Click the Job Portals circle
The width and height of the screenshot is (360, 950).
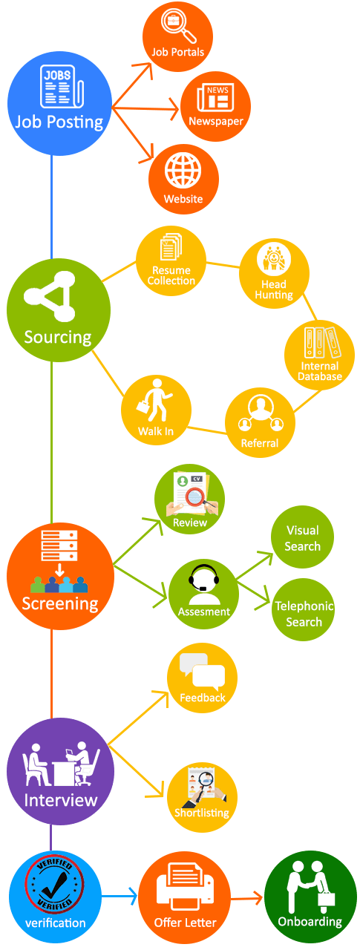(x=177, y=36)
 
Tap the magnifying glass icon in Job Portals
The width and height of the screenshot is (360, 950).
(x=179, y=25)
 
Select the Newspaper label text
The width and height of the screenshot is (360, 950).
(x=216, y=121)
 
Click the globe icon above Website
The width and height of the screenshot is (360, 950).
(x=183, y=171)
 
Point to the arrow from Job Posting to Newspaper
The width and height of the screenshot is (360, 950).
(x=145, y=108)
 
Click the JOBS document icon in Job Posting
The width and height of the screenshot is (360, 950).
(x=62, y=87)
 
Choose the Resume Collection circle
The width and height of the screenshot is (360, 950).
(x=171, y=261)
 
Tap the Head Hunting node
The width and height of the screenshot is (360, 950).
(x=274, y=273)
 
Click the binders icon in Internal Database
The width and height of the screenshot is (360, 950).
(x=322, y=342)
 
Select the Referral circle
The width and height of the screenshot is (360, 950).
(x=260, y=422)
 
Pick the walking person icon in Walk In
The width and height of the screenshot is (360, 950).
(x=154, y=400)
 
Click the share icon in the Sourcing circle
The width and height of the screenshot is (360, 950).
(x=50, y=296)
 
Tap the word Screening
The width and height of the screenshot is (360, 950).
(x=60, y=603)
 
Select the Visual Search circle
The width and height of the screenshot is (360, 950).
(x=302, y=537)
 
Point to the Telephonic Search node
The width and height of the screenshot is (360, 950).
(x=303, y=609)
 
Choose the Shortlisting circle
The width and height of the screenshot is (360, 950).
(x=202, y=797)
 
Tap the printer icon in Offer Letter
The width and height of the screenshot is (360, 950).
(x=185, y=886)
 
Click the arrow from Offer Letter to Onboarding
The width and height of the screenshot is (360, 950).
(x=246, y=897)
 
